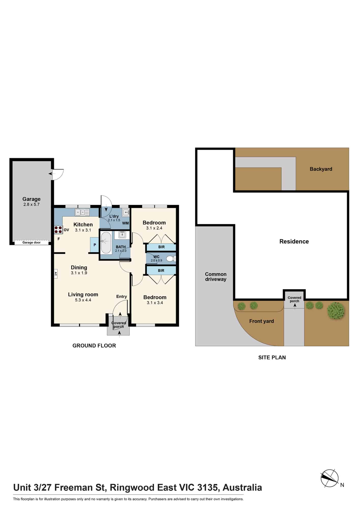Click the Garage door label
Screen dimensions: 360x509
tap(31, 243)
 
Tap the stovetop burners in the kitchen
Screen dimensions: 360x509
tap(58, 230)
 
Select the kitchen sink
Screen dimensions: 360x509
tap(82, 212)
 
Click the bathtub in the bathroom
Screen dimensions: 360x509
tap(106, 243)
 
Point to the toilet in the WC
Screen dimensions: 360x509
tap(171, 259)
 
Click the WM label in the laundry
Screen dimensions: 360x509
tap(126, 223)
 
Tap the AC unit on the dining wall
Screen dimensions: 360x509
tap(56, 274)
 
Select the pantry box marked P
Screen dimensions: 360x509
tap(94, 245)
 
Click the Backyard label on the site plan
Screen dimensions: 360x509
tap(321, 169)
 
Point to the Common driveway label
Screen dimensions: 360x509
tap(216, 277)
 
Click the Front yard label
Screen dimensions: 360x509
tap(261, 321)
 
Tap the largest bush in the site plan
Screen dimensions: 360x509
tap(336, 311)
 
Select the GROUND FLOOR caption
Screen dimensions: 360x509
tap(94, 346)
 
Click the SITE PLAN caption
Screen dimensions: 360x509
tap(272, 358)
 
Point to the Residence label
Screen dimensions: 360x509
tap(294, 242)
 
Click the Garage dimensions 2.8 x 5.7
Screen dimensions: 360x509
tap(31, 204)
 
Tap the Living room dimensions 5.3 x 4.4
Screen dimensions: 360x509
tap(83, 300)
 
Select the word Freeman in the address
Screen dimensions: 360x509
tap(79, 488)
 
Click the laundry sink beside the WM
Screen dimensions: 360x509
tap(126, 213)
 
